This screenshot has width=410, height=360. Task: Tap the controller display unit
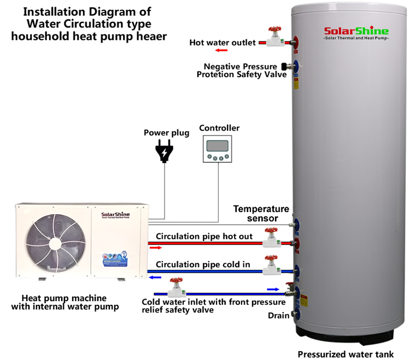[x=219, y=149]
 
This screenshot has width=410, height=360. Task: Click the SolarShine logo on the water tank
[x=356, y=31]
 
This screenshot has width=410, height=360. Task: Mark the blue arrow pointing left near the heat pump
[x=155, y=277]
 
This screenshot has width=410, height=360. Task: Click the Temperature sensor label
[x=261, y=214]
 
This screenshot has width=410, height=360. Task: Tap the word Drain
[x=278, y=316]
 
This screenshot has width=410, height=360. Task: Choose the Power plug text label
[x=166, y=133]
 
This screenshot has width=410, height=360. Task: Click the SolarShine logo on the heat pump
[x=114, y=215]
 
